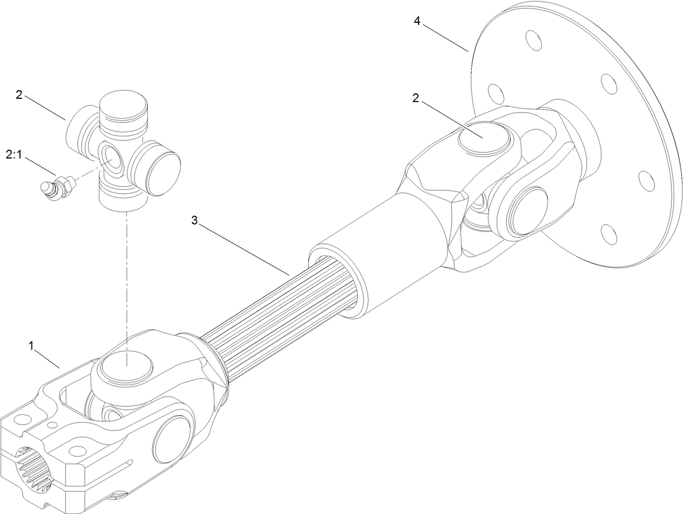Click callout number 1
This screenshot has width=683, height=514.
click(x=33, y=345)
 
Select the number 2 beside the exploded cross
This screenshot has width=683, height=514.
click(x=19, y=95)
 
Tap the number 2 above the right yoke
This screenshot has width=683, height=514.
click(x=415, y=98)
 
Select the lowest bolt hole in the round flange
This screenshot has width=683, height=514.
click(x=609, y=233)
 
